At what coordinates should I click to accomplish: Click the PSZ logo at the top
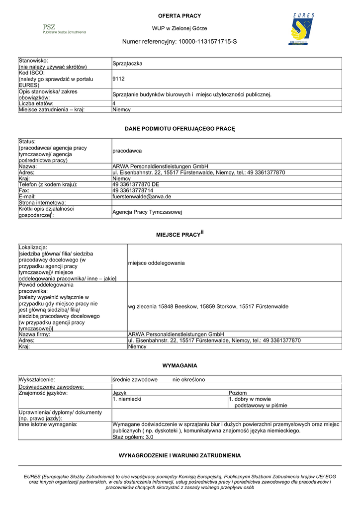pyautogui.click(x=64, y=28)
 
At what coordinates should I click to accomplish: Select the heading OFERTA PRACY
pyautogui.click(x=180, y=16)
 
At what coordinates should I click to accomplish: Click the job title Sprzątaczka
pyautogui.click(x=127, y=64)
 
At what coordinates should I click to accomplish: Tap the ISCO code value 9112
pyautogui.click(x=118, y=79)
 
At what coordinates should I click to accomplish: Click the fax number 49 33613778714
pyautogui.click(x=133, y=190)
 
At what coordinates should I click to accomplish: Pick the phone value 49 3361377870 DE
pyautogui.click(x=135, y=184)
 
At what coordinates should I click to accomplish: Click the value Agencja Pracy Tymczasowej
pyautogui.click(x=148, y=212)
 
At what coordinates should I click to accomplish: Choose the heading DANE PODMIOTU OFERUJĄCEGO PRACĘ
pyautogui.click(x=180, y=129)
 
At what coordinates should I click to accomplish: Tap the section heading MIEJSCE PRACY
pyautogui.click(x=177, y=234)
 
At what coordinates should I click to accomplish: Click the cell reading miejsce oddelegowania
pyautogui.click(x=156, y=262)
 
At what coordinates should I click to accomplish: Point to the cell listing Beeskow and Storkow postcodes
pyautogui.click(x=208, y=307)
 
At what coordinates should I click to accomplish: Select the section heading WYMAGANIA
pyautogui.click(x=180, y=365)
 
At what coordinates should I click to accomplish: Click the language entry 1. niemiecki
pyautogui.click(x=127, y=399)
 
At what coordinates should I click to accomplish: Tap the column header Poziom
pyautogui.click(x=237, y=393)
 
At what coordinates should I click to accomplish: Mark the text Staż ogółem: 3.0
pyautogui.click(x=132, y=437)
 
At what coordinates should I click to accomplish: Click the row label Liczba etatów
pyautogui.click(x=39, y=103)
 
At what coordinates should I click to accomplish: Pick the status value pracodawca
pyautogui.click(x=127, y=151)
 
